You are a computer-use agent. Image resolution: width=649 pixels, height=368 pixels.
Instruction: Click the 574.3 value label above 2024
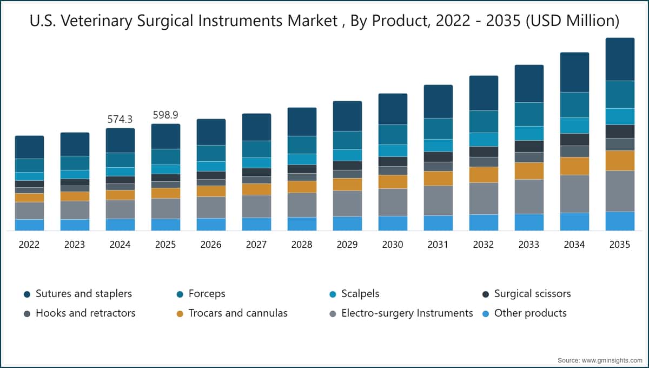120,119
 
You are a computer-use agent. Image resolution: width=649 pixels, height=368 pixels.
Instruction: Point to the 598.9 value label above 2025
165,115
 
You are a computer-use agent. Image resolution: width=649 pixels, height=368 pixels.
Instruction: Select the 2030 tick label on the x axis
393,245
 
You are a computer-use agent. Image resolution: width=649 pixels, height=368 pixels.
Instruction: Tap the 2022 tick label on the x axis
29,245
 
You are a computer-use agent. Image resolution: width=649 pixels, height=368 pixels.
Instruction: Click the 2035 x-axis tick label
620,245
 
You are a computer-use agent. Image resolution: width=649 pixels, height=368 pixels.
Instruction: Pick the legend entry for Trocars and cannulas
232,313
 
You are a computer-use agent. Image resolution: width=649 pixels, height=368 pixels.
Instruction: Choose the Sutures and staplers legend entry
78,294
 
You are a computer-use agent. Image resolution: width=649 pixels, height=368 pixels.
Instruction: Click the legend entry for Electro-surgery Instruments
401,313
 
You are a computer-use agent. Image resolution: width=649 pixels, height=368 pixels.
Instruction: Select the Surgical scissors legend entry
526,294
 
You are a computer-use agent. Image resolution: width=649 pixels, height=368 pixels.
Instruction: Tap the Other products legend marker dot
486,314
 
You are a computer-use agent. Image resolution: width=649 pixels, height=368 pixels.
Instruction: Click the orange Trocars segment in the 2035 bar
620,161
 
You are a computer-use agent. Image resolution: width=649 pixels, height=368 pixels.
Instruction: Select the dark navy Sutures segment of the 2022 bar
30,147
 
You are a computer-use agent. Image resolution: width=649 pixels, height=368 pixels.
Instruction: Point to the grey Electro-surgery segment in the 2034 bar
574,194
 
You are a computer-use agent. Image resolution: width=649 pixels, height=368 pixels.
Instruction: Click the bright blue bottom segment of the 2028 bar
302,224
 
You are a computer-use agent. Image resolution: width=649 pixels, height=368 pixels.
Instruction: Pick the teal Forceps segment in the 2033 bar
529,114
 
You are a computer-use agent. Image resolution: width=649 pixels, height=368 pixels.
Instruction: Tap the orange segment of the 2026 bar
211,192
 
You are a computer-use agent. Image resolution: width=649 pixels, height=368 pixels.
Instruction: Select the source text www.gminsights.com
612,360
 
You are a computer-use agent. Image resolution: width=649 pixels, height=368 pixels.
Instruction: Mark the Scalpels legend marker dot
333,294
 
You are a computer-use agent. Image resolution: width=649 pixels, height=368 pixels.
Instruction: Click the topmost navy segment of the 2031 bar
438,102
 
